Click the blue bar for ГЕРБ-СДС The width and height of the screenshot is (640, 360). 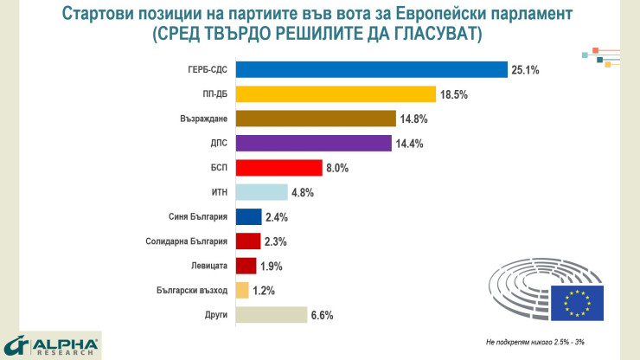tap(371, 69)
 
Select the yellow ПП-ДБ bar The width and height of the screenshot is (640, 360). tap(336, 93)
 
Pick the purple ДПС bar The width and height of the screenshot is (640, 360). tap(313, 143)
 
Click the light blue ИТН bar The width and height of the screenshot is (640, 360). tap(261, 192)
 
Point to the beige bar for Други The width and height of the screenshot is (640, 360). tap(271, 315)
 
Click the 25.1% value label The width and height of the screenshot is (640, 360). tap(525, 70)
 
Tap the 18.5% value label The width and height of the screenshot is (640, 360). tap(453, 94)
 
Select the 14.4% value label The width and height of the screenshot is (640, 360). tap(408, 144)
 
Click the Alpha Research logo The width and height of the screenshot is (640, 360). tap(52, 345)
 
